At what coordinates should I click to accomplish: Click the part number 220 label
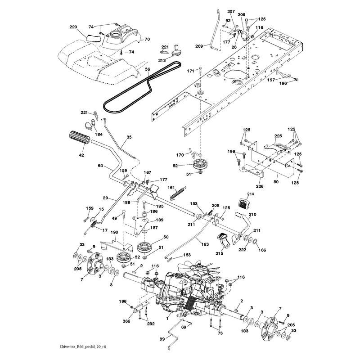73,27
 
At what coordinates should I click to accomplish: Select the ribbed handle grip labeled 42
77,138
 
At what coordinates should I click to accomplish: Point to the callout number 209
199,46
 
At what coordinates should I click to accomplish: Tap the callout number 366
126,321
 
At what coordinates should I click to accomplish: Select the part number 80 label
276,182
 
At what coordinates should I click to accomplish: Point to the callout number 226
260,186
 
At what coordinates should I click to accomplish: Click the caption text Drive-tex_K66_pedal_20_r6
83,346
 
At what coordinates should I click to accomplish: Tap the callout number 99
162,339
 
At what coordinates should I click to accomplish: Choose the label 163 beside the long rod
205,244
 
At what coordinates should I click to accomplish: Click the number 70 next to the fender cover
147,39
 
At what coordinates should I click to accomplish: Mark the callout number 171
190,71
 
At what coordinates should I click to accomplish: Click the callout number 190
114,232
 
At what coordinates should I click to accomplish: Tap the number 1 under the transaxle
167,319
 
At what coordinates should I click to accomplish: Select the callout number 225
278,136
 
